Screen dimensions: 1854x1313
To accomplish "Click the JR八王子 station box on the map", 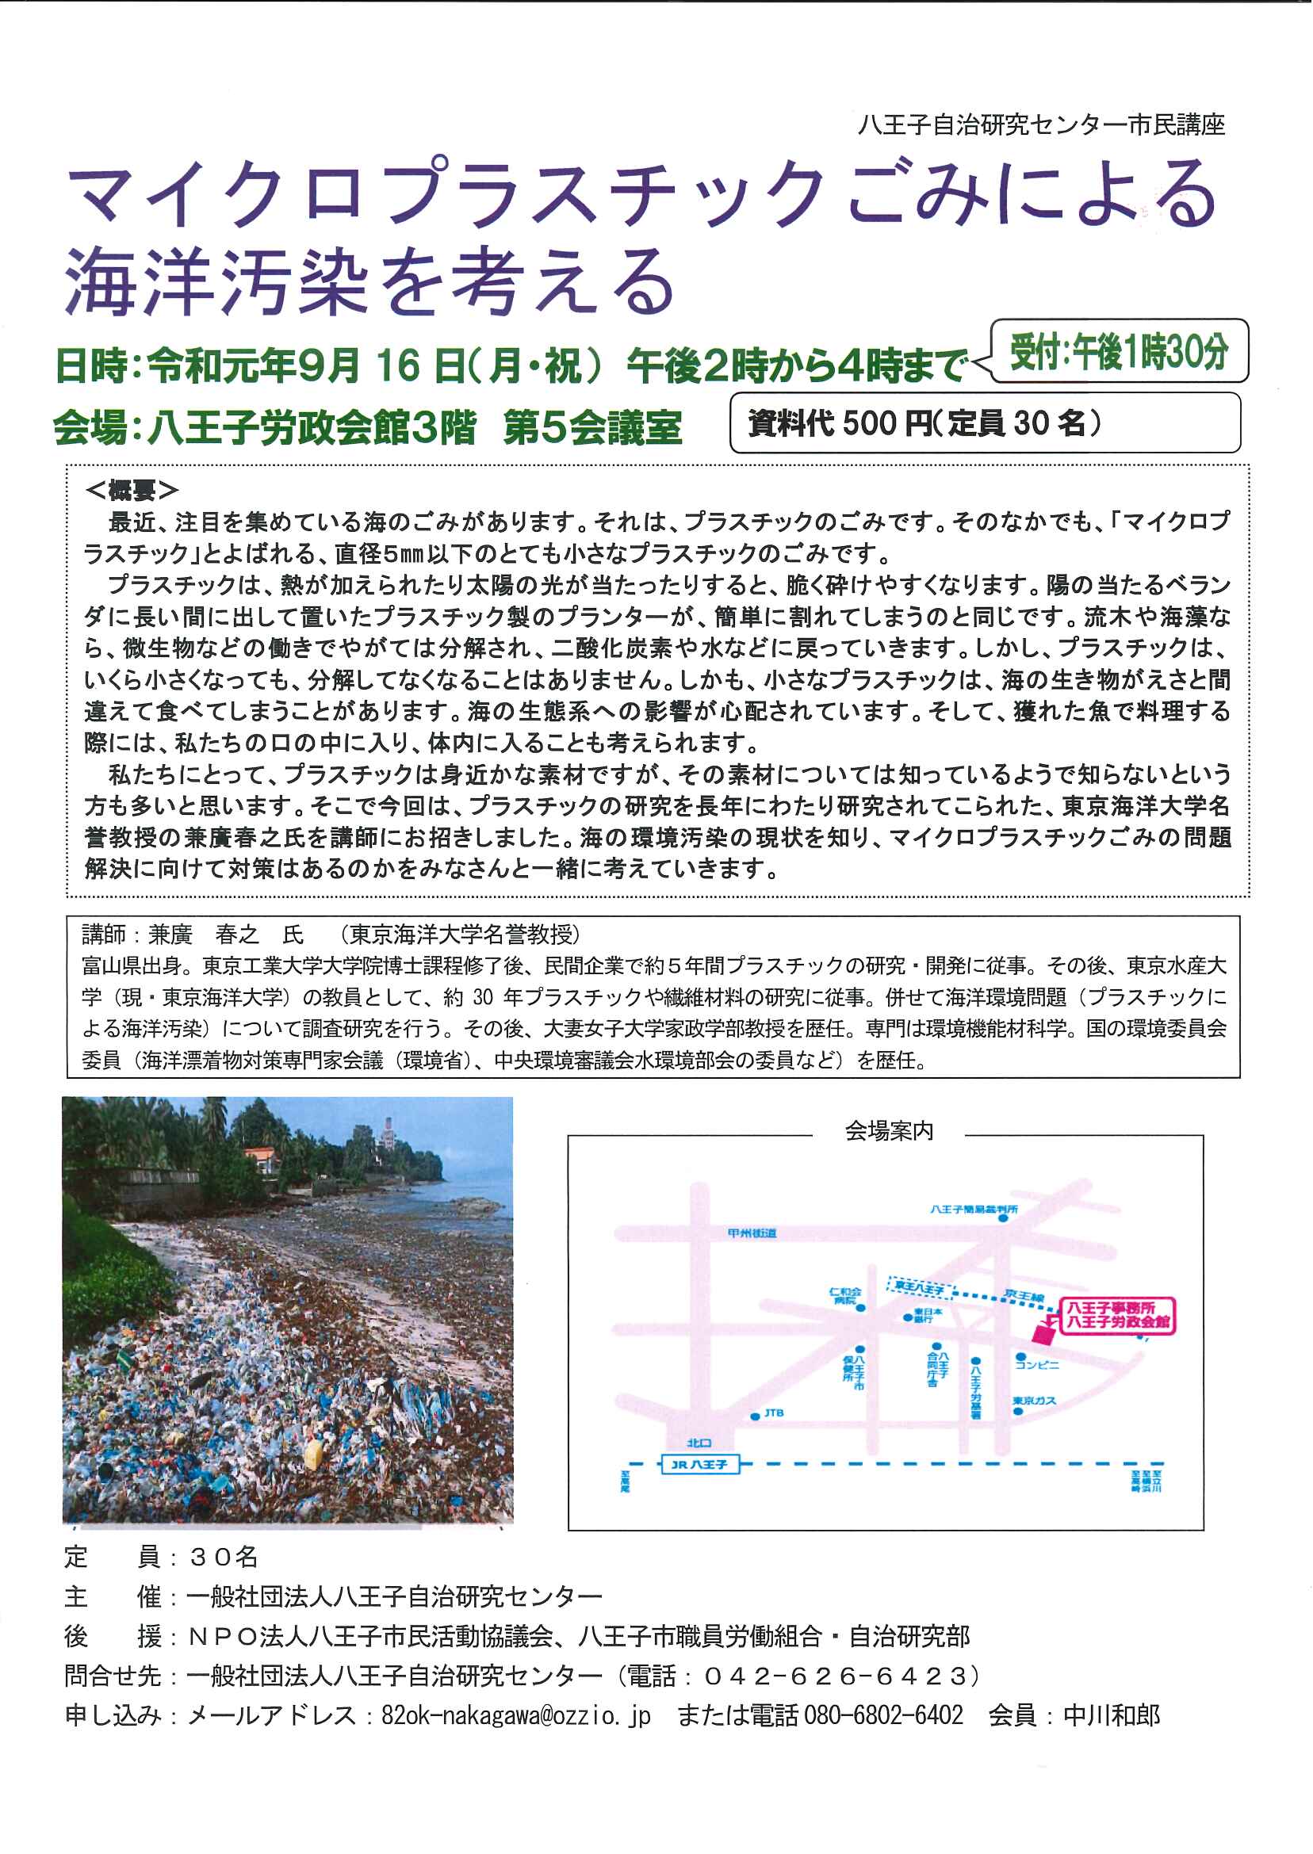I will (699, 1464).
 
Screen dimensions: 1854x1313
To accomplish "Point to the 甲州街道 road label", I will (752, 1233).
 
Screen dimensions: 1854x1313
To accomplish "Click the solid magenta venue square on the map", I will (1043, 1333).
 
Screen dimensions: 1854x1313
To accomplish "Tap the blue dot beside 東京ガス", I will (1018, 1411).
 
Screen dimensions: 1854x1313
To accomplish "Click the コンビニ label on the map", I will (1037, 1365).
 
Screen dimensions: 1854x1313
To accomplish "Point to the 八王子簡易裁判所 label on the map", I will (974, 1209).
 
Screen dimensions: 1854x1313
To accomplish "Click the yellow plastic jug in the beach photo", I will (313, 1455).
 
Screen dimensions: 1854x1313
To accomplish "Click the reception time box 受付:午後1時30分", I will (1119, 352).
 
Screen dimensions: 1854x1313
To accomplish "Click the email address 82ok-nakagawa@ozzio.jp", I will (515, 1714).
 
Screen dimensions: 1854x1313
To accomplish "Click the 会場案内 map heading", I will (889, 1130).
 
